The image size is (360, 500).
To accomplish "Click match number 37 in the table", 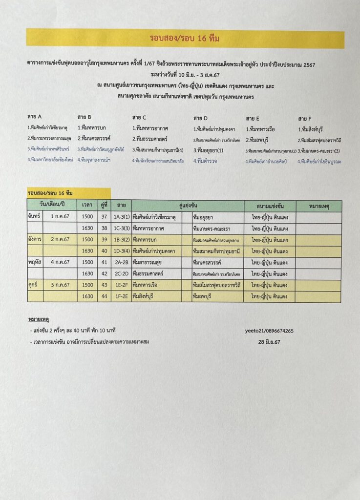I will point(104,217).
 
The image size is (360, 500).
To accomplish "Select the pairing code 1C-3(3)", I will point(121,228).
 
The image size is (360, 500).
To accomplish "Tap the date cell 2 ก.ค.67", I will point(60,239).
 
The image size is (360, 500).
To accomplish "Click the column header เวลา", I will point(87,206).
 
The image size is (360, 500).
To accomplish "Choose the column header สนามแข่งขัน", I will point(270,206).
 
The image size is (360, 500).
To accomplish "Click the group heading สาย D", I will point(200,118).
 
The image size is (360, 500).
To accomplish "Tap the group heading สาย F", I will point(305,118).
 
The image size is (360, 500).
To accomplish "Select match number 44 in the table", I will point(104,296).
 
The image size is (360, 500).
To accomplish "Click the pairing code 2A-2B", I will point(121,262).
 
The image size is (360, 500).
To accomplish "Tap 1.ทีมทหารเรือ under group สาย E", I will point(262,129).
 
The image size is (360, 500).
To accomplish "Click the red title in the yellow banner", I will point(185,39).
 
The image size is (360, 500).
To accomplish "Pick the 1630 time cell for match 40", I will point(87,251).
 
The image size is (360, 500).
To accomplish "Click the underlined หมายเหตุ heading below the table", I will point(39,319).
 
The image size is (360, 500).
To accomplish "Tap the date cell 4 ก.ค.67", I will point(60,262).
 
